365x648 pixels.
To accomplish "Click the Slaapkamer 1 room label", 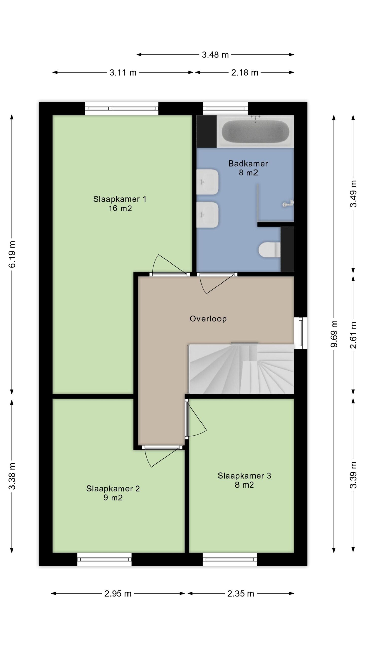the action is click(x=120, y=199).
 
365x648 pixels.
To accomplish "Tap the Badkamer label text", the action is click(x=248, y=164).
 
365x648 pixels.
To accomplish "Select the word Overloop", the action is click(x=208, y=319).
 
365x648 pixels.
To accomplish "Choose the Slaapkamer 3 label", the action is click(x=244, y=476).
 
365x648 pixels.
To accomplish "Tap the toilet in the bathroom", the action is click(x=269, y=250).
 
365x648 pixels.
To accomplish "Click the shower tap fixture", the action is click(x=288, y=203).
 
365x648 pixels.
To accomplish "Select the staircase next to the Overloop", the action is click(x=241, y=369).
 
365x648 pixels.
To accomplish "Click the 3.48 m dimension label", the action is click(x=215, y=55).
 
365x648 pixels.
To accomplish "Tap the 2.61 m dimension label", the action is click(x=353, y=335).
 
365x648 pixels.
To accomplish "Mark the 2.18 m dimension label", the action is click(x=245, y=73).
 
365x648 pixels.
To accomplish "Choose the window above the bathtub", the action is click(x=225, y=108).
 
